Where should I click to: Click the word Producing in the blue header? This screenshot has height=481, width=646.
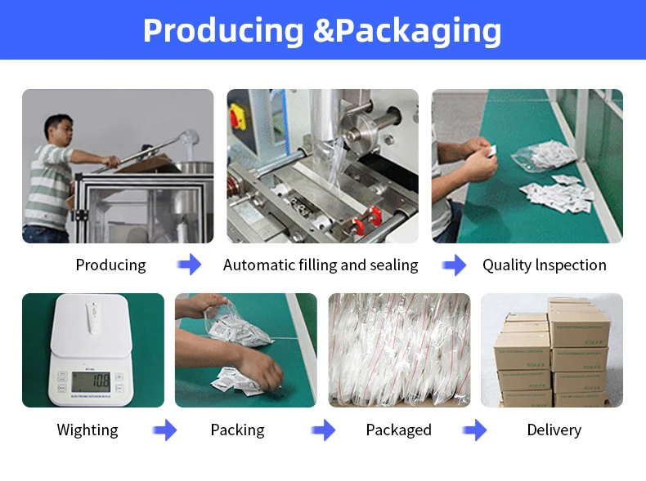222,30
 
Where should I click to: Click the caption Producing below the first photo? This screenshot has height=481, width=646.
110,265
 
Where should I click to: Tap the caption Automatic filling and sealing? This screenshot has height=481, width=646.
321,265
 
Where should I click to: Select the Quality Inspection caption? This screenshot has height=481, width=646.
545,265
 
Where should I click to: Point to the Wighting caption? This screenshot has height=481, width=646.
87,430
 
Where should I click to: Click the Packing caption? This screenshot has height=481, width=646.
237,430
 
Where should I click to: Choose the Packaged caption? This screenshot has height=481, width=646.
398,430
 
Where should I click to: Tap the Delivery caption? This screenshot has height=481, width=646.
554,430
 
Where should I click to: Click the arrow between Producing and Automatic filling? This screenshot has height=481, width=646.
190,265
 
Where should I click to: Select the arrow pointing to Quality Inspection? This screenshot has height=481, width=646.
455,265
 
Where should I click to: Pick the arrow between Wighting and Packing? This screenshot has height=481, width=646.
164,430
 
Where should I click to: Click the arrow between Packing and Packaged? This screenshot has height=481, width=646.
324,430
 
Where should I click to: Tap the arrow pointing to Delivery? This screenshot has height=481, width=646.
475,430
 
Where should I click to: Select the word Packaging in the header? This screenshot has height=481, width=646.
418,30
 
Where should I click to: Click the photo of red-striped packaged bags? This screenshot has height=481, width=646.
399,350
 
